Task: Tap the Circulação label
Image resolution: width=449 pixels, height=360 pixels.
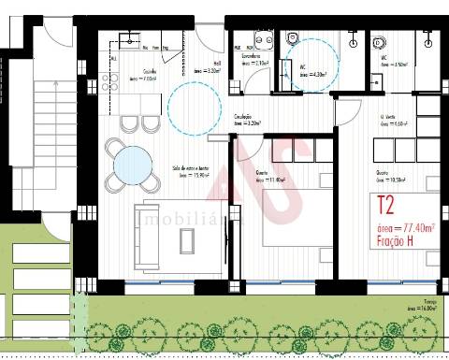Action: point(245,119)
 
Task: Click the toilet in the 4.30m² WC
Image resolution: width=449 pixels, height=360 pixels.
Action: point(292,36)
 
